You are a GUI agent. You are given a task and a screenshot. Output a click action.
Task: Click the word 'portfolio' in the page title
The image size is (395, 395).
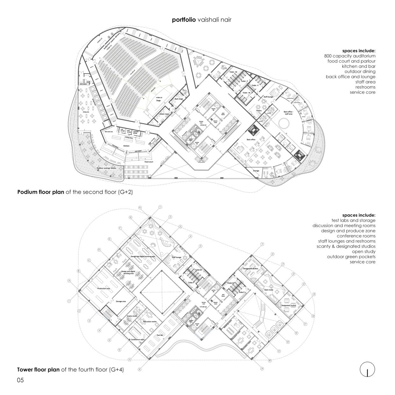pyautogui.click(x=184, y=20)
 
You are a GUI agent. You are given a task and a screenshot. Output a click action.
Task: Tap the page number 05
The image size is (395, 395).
pyautogui.click(x=20, y=380)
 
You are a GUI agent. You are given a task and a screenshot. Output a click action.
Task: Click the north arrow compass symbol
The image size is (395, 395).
pyautogui.click(x=367, y=370)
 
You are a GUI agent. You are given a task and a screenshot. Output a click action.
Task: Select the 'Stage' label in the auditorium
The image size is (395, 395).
pyautogui.click(x=158, y=100)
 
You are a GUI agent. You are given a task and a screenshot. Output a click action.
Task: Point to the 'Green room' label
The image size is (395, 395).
pyautogui.click(x=164, y=114)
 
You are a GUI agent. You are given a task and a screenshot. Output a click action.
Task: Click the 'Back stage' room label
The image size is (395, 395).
pyautogui.click(x=179, y=99)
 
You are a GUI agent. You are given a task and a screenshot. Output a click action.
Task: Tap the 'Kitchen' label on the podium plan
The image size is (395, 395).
pyautogui.click(x=126, y=146)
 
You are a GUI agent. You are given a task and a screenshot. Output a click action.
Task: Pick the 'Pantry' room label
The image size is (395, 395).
pyautogui.click(x=259, y=111)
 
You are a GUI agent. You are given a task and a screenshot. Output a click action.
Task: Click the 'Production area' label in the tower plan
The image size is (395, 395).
pyautogui.click(x=104, y=288)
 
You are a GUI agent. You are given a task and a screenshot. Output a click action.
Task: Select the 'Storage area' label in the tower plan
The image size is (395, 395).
pyautogui.click(x=121, y=301)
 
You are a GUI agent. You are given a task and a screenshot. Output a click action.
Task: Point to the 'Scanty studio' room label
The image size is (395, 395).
pyautogui.click(x=132, y=316)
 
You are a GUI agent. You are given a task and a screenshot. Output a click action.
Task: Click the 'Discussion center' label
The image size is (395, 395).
pyautogui.click(x=150, y=322)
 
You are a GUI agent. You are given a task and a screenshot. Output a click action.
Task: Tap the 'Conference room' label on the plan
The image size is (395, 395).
pyautogui.click(x=138, y=340)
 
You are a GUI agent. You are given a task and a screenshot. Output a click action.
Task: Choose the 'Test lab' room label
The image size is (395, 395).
pyautogui.click(x=160, y=335)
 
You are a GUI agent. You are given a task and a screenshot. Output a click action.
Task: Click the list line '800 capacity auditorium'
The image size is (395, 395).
pyautogui.click(x=349, y=56)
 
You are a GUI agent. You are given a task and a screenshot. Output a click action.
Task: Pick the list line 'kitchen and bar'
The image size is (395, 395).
pyautogui.click(x=358, y=66)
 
